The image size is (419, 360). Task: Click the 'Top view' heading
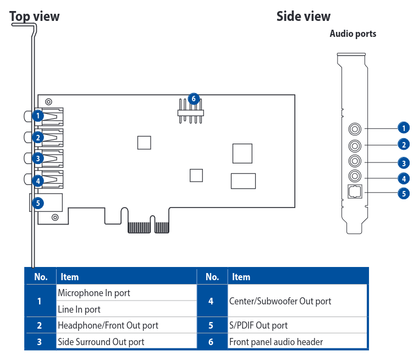35,17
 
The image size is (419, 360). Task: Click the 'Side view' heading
304,17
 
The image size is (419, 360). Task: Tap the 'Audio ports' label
352,34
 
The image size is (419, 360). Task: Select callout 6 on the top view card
193,99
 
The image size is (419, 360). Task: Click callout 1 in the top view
37,116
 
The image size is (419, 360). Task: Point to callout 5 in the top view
37,203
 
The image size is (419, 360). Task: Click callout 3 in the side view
404,163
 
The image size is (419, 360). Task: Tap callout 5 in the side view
404,193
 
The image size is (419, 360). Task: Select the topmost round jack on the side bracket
355,129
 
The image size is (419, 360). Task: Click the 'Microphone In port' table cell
94,293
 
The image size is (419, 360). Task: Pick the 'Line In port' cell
79,309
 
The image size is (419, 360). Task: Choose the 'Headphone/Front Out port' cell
108,325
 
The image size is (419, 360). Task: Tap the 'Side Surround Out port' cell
101,342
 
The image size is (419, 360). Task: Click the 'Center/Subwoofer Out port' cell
280,301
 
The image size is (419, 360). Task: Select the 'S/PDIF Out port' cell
258,325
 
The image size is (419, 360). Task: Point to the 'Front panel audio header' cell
275,342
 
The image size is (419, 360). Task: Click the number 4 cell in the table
212,301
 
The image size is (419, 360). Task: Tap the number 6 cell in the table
212,342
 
